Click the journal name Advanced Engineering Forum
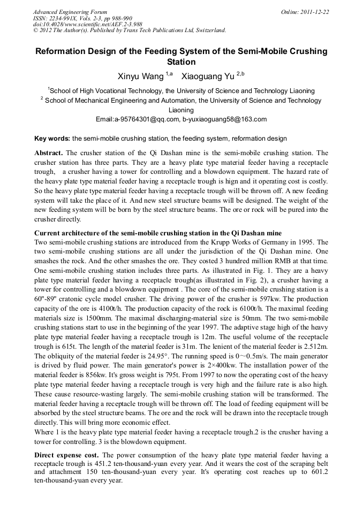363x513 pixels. click(70, 12)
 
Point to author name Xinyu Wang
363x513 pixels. click(141, 76)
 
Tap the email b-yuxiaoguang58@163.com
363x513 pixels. click(224, 119)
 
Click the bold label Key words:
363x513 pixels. click(52, 139)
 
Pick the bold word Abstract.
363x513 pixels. click(49, 153)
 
